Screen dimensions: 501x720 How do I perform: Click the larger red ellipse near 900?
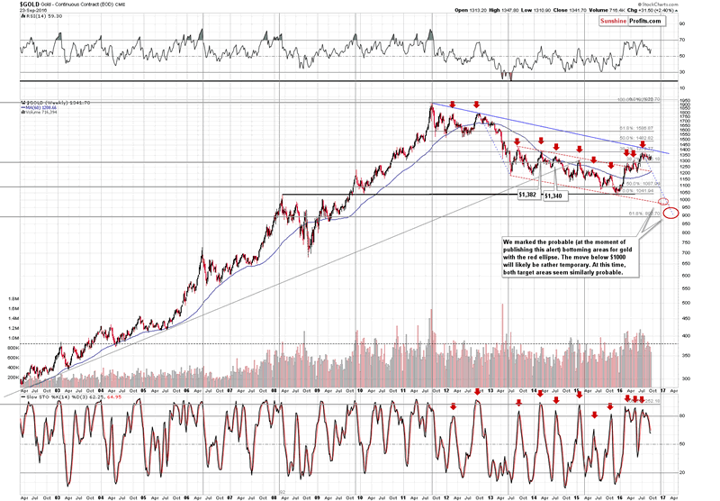(670, 214)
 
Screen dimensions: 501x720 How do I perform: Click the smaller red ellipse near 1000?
(663, 200)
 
